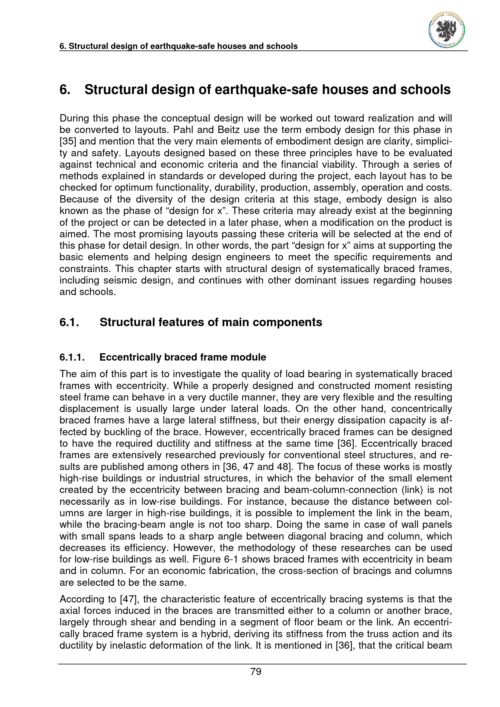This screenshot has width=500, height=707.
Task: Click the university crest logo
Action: [x=446, y=31]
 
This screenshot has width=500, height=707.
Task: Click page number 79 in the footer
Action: [x=256, y=671]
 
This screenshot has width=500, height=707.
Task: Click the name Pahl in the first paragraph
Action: [x=184, y=130]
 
